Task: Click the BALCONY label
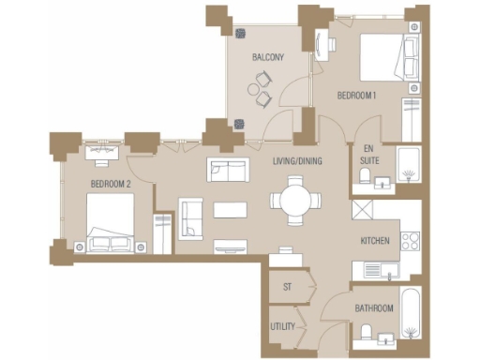coord(267,58)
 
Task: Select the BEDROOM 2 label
coord(110,183)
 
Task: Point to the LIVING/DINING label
coord(297,162)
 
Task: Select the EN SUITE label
coord(368,155)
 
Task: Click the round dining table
coord(292,200)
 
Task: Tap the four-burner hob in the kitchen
coord(410,239)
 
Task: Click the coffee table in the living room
coord(231,209)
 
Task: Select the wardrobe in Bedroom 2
coord(163,233)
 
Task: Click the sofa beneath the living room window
coord(228,170)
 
